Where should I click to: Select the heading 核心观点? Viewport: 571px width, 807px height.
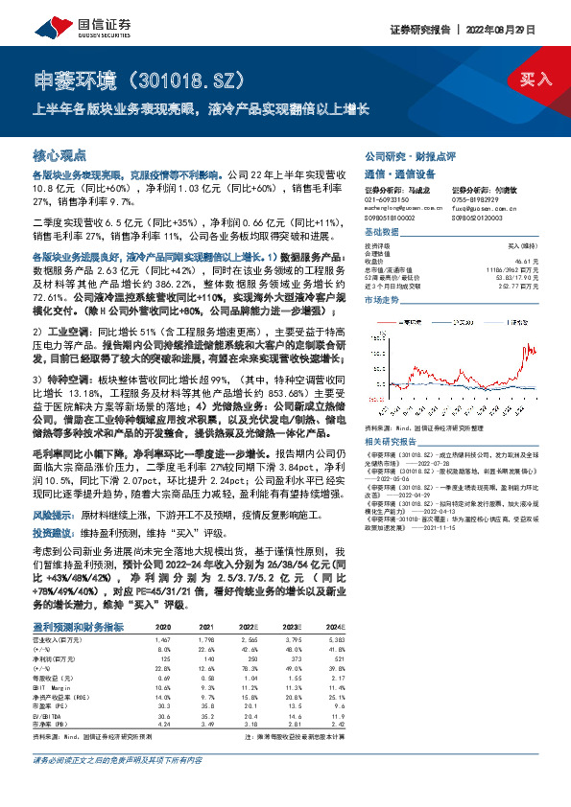(x=59, y=154)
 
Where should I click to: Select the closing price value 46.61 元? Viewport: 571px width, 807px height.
(x=524, y=261)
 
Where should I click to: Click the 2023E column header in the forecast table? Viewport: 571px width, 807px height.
(x=280, y=627)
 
